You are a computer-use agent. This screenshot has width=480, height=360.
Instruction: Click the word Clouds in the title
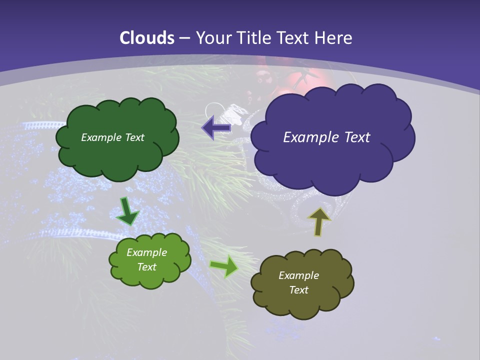coord(147,38)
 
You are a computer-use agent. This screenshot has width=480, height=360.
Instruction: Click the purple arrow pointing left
coord(216,128)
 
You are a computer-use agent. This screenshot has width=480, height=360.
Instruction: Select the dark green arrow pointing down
coord(127,211)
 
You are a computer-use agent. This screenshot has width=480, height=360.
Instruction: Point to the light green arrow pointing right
coord(223,266)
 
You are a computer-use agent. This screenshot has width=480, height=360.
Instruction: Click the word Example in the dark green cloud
coord(101,137)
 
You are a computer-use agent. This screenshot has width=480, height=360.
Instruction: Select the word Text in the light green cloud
coord(147,267)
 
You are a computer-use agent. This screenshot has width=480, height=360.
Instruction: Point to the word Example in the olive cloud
coord(298,275)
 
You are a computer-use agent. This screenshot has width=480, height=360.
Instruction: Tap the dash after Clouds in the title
coord(184,38)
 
